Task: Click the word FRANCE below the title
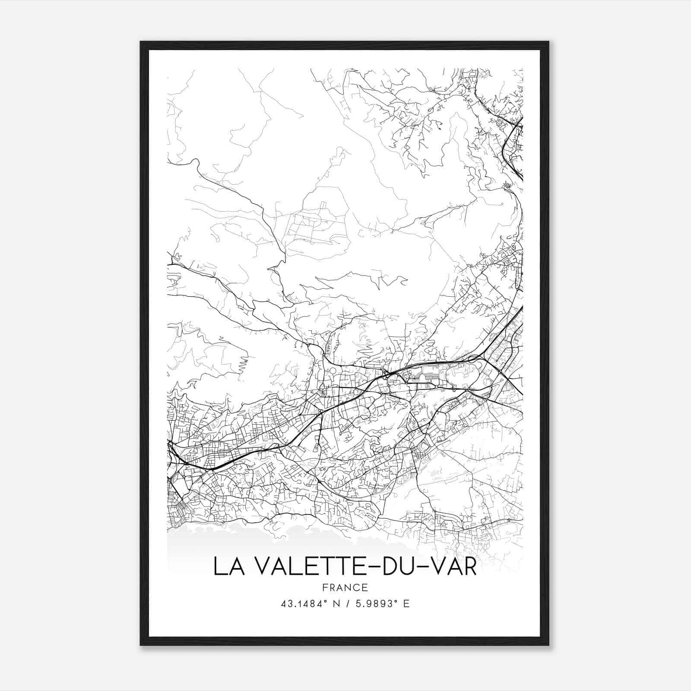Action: pyautogui.click(x=345, y=587)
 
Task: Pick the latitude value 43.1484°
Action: pyautogui.click(x=303, y=604)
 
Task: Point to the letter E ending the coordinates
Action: pyautogui.click(x=406, y=604)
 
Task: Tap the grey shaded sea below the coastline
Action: pyautogui.click(x=216, y=544)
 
